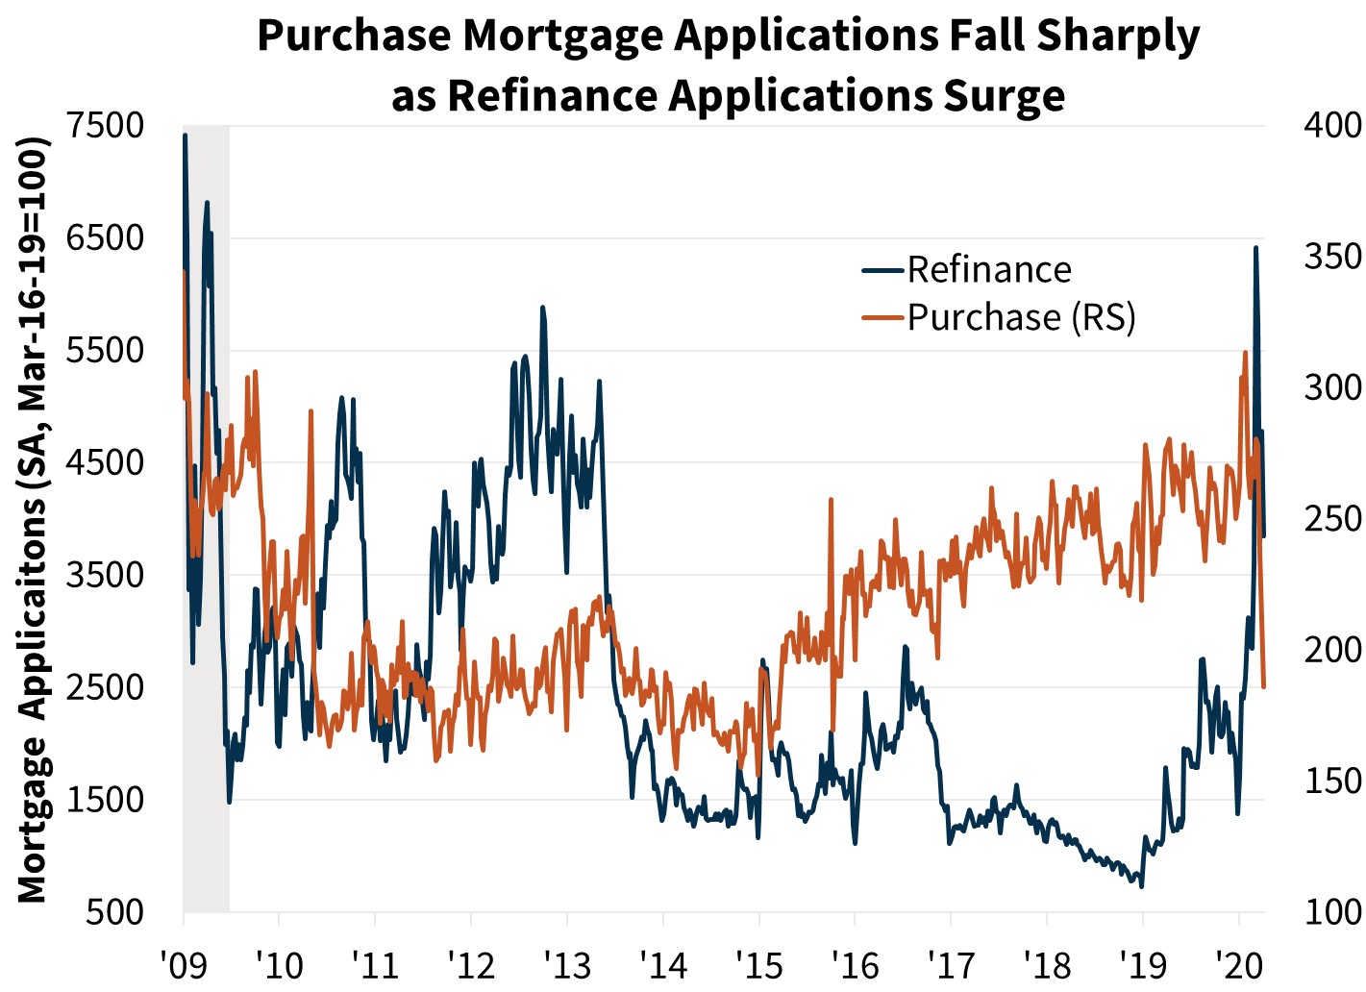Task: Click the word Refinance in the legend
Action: tap(988, 270)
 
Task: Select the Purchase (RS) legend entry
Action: tap(1021, 317)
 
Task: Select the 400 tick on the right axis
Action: tap(1332, 125)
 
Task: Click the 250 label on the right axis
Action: tap(1332, 519)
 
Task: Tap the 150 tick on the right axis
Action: tap(1332, 781)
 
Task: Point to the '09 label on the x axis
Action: tap(183, 963)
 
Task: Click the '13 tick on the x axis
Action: tap(567, 963)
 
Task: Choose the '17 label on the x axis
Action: tap(951, 963)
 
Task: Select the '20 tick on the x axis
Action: tap(1239, 963)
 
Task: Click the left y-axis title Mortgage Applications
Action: tap(33, 519)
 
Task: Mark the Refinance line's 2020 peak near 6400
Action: tap(1255, 248)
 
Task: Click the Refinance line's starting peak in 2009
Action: tap(185, 136)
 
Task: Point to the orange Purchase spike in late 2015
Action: tap(830, 500)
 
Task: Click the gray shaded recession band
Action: tap(206, 519)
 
